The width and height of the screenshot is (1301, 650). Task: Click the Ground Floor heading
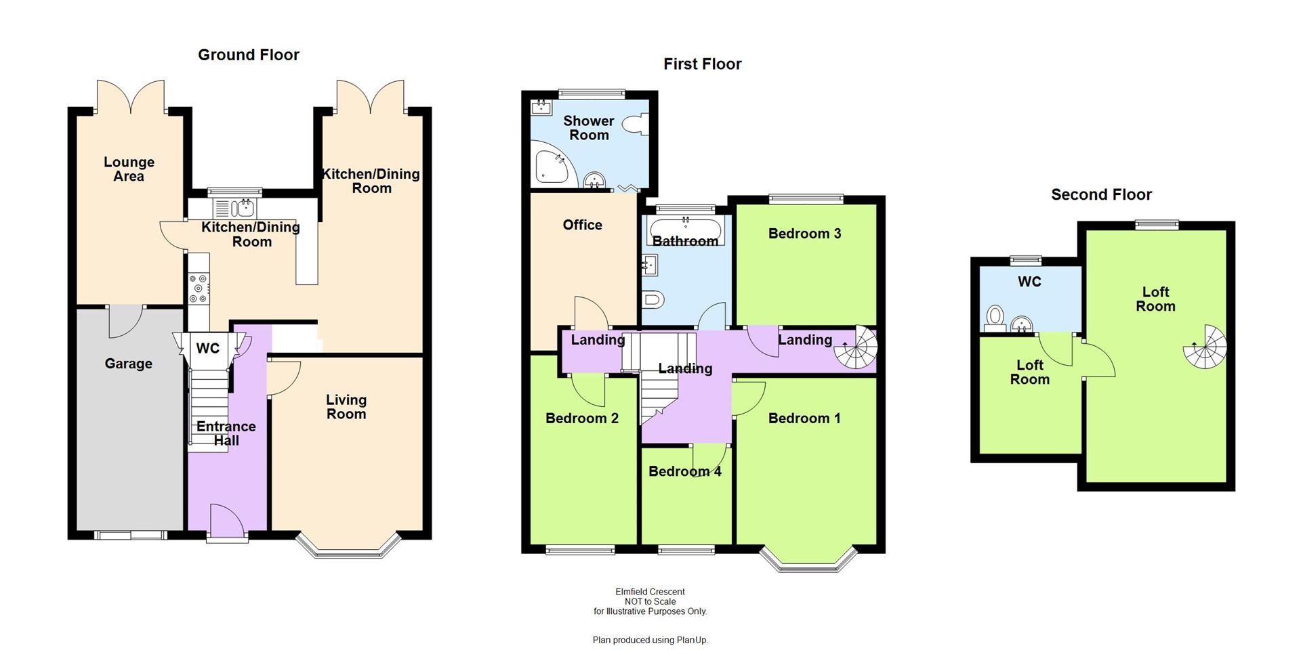(248, 55)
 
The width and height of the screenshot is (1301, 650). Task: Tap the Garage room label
(128, 364)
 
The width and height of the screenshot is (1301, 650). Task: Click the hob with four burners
(199, 288)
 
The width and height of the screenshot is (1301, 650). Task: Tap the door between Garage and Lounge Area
(126, 320)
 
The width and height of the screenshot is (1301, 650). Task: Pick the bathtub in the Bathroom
(686, 230)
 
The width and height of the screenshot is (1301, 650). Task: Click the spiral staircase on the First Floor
(856, 348)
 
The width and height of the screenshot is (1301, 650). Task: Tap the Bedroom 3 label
(804, 234)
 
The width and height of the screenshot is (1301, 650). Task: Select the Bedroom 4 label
(684, 471)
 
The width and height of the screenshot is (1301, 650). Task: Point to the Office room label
(582, 225)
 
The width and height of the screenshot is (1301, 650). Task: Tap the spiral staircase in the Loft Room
(1205, 347)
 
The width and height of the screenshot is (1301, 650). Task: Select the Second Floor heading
(1101, 195)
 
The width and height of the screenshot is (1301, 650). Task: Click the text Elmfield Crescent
(650, 592)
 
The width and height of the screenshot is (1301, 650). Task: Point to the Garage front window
(130, 535)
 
